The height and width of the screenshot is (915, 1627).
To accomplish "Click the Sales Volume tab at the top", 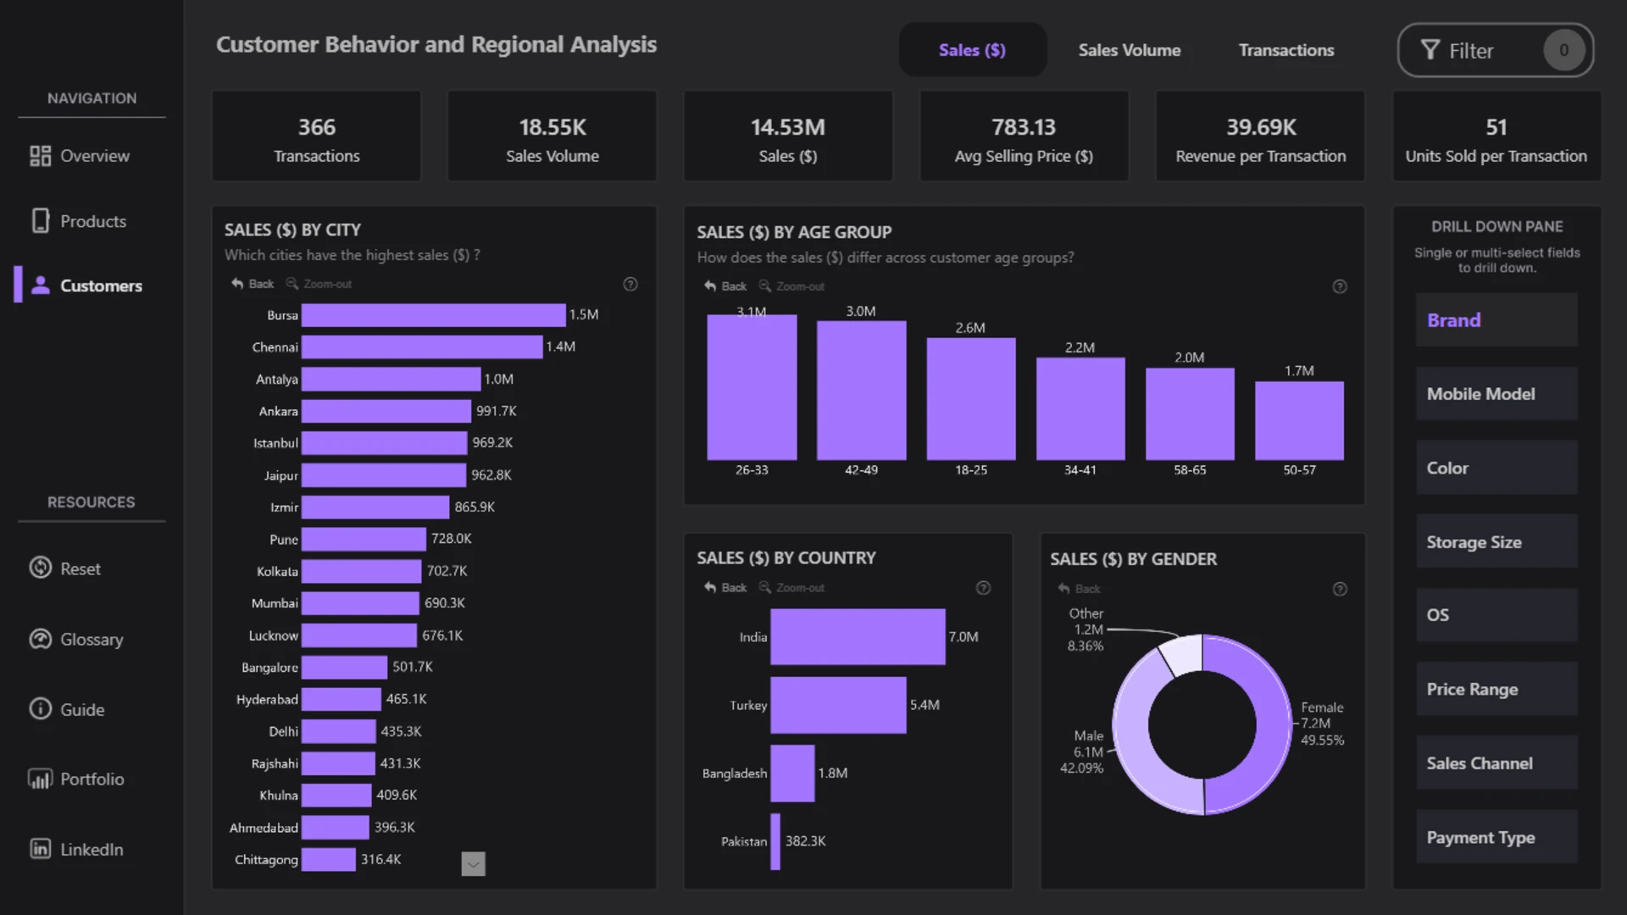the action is point(1129,50).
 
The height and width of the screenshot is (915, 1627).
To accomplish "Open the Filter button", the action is point(1495,50).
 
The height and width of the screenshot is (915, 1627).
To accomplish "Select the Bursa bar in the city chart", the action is point(433,315).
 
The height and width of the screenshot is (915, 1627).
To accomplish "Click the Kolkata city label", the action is point(277,572).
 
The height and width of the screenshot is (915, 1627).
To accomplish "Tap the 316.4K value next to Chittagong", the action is point(380,859).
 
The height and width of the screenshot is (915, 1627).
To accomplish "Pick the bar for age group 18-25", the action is point(970,399).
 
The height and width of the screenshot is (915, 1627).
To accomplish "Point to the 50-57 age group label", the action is point(1299,470).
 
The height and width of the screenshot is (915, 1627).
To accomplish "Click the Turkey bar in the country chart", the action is point(838,705).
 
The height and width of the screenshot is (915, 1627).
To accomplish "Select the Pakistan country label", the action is point(743,841).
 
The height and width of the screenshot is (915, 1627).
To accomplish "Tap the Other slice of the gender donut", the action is point(1182,655).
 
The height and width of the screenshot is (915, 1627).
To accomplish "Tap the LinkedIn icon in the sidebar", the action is point(40,849).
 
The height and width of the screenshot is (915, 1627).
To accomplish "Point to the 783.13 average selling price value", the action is point(1024,127).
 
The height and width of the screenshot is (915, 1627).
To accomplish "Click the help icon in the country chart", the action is point(983,588).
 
